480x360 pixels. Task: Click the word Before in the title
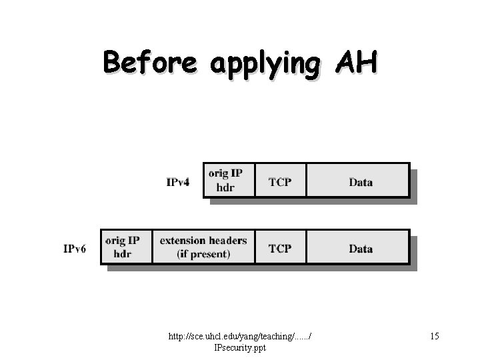click(150, 63)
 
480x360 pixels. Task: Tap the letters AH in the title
click(357, 63)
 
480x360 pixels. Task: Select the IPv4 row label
click(178, 182)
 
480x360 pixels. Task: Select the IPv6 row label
click(75, 249)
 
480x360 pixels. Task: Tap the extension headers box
click(203, 247)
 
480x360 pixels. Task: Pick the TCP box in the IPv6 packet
click(280, 249)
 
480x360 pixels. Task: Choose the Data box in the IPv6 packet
click(361, 249)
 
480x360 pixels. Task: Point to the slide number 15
click(434, 337)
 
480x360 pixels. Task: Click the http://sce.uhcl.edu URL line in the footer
click(242, 337)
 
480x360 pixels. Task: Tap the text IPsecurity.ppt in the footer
click(239, 347)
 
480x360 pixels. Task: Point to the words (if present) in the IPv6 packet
click(203, 254)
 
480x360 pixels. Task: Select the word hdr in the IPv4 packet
click(225, 187)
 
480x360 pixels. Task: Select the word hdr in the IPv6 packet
click(123, 254)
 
